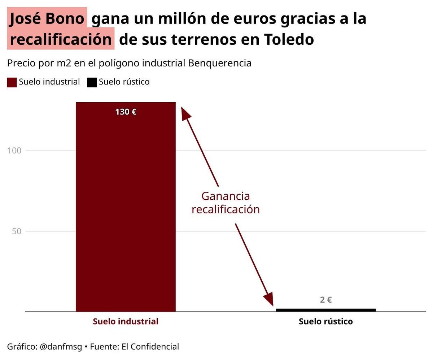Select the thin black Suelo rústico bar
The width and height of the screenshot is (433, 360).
point(325,310)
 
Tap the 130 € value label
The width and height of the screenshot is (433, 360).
point(126,112)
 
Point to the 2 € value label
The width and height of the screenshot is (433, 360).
point(325,300)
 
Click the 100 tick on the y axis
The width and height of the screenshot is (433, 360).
point(14,151)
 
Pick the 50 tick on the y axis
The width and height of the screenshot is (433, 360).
point(17,231)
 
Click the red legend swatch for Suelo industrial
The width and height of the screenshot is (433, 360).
point(12,82)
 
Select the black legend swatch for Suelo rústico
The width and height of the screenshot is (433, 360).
point(92,82)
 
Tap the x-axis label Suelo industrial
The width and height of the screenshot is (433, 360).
point(126,321)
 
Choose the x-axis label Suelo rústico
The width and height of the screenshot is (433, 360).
point(325,321)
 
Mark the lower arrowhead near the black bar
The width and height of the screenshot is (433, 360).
point(268,299)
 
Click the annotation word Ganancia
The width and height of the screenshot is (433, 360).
point(226,196)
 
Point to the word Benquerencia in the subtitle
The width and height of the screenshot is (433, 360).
point(220,63)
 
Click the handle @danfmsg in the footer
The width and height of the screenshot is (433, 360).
point(61,347)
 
